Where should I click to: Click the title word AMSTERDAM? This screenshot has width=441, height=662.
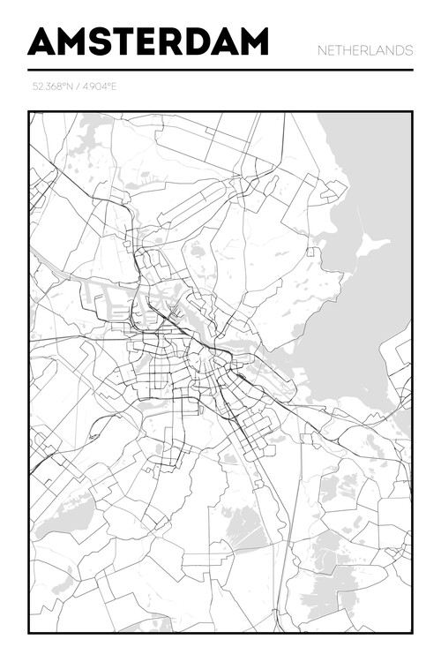tap(148, 41)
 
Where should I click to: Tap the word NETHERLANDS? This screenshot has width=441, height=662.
tap(365, 51)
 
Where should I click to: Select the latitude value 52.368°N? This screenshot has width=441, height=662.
tap(50, 87)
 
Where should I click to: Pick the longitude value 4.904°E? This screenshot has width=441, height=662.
tap(98, 87)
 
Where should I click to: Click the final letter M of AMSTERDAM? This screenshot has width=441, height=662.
tap(251, 41)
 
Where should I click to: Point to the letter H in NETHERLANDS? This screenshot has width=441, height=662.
tap(348, 51)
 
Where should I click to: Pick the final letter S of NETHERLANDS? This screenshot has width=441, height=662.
tap(408, 51)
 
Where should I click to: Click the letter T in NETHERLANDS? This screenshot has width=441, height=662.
tap(340, 51)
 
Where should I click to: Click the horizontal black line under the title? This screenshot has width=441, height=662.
tap(220, 70)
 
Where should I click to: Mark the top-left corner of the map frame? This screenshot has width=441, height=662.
tap(29, 112)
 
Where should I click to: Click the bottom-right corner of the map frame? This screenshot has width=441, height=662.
tap(412, 632)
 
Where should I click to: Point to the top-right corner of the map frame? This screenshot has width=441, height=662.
tap(412, 112)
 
